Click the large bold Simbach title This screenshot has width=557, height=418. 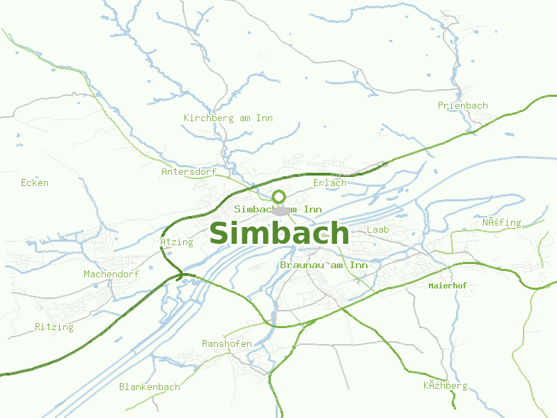click(278, 233)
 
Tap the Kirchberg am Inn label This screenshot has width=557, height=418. click(228, 118)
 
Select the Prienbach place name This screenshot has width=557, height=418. click(462, 106)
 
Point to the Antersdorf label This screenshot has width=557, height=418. click(189, 171)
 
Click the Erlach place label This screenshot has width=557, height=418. click(329, 183)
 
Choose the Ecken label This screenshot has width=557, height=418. click(35, 183)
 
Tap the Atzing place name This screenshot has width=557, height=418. click(176, 242)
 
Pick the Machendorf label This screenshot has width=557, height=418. click(111, 274)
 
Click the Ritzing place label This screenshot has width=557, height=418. click(54, 327)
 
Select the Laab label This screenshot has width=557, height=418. click(377, 229)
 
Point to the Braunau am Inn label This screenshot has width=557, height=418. click(324, 265)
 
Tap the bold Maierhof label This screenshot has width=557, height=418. click(447, 286)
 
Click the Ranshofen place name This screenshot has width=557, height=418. click(227, 344)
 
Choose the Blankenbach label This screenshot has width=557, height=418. click(149, 387)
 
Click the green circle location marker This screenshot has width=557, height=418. click(279, 196)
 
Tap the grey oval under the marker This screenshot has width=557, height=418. click(280, 211)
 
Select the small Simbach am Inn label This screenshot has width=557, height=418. click(278, 209)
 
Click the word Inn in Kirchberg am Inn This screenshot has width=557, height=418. click(265, 118)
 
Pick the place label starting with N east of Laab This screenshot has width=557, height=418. click(501, 223)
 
